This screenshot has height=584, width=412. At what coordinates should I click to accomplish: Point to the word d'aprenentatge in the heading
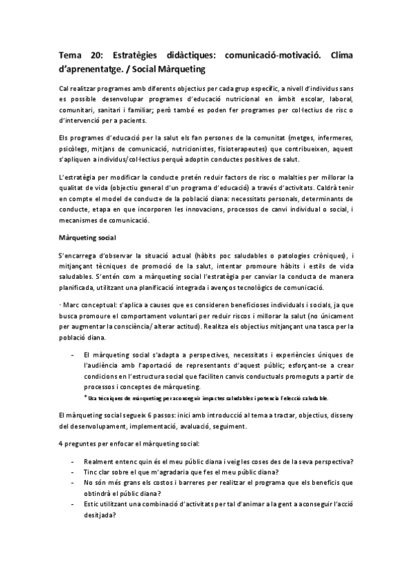pyautogui.click(x=96, y=70)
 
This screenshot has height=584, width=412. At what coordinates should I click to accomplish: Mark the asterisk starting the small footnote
pyautogui.click(x=85, y=397)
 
